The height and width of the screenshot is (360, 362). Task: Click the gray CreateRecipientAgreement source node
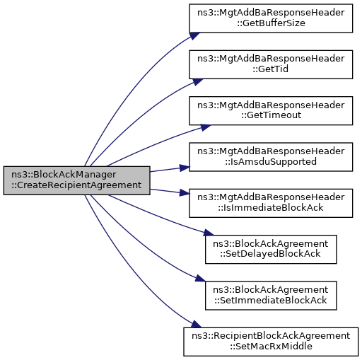point(76,180)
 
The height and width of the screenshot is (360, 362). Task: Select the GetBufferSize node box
point(271,18)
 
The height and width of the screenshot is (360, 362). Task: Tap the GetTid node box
point(271,64)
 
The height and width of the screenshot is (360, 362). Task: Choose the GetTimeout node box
point(271,110)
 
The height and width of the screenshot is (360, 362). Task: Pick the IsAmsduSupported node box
point(271,157)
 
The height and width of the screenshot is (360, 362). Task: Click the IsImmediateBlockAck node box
point(271,203)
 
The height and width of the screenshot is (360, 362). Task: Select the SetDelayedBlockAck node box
point(271,249)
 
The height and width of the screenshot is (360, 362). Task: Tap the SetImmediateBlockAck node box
point(271,296)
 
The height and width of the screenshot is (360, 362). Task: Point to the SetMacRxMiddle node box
point(271,342)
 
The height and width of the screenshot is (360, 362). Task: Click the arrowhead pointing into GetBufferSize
point(194,36)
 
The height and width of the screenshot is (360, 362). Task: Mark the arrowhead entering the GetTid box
point(197,81)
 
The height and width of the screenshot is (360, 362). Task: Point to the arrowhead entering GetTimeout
point(206,127)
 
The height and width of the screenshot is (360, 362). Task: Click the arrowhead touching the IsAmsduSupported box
point(185,168)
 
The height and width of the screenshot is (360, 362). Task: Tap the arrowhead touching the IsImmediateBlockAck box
point(185,192)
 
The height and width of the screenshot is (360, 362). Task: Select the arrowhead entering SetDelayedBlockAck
point(209,233)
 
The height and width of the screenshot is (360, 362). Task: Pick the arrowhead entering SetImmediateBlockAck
point(200,278)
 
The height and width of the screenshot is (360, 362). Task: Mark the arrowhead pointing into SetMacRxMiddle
point(196,324)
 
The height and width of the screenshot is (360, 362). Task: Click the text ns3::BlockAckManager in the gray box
point(64,175)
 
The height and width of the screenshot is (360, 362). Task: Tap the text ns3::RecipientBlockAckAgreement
point(271,336)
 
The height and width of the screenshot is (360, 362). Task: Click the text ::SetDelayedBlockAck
point(270,254)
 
